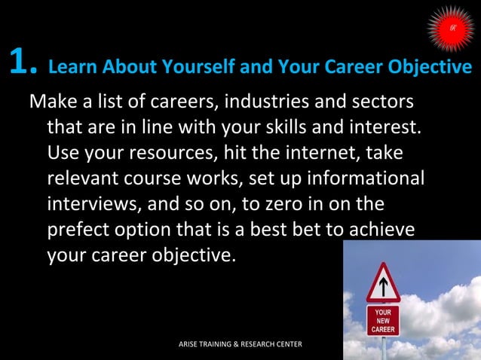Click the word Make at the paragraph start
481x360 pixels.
coord(51,101)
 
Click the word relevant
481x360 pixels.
coord(82,179)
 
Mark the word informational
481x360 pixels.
coord(366,179)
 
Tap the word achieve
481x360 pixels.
coord(384,230)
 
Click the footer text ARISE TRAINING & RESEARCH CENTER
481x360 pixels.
coord(240,344)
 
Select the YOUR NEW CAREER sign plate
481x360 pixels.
coord(383,319)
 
